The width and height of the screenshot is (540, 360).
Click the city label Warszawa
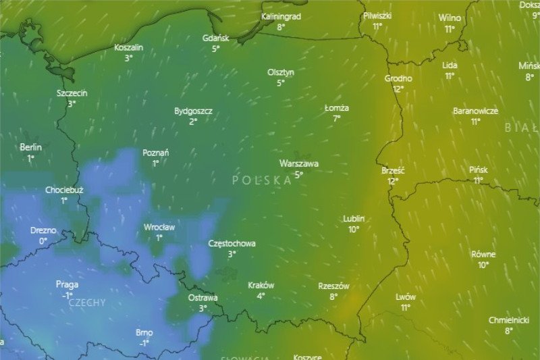pos(299,163)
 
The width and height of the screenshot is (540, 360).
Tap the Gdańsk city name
pos(216,38)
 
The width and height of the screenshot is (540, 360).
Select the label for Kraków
pos(261,285)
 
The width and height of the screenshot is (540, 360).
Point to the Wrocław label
pos(159,228)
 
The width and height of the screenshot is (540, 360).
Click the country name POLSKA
pos(261,180)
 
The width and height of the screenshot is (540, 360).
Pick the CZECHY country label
pos(87,303)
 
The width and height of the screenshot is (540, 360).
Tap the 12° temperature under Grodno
pos(398,88)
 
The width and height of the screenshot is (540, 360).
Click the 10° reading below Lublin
pos(354,230)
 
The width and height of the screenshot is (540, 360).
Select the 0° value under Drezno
pos(43,241)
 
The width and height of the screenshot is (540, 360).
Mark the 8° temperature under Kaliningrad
pos(281,27)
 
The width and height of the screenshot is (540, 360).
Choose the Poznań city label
pos(156,153)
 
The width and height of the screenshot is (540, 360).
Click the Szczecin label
pos(72,93)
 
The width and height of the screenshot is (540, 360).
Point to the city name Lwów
pos(406,297)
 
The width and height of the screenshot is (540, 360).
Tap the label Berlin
pos(31,147)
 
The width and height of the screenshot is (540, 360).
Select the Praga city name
pos(67,285)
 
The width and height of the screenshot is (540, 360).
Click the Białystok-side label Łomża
pos(337,108)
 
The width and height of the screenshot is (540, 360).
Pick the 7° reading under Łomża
pos(336,118)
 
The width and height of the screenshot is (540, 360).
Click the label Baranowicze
pos(475,111)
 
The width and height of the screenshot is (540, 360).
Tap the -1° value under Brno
pos(144,343)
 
